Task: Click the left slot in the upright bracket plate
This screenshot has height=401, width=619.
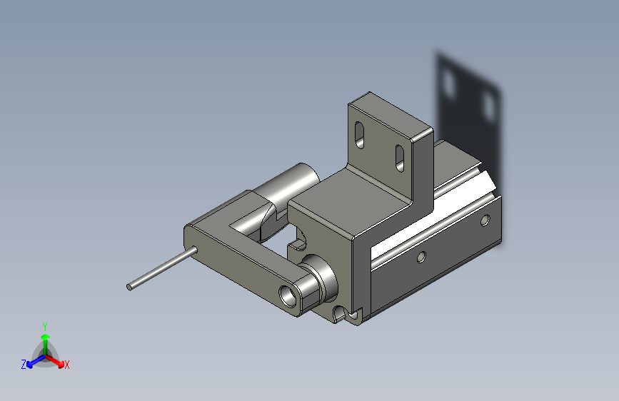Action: pos(360,135)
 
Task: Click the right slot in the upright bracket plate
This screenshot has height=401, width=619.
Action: pos(400,158)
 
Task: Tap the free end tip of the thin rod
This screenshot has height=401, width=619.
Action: pos(129,288)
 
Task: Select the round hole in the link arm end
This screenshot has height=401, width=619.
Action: pos(288,295)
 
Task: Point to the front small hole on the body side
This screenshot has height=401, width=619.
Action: pos(421,258)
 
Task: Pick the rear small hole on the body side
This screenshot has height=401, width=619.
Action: pos(485,220)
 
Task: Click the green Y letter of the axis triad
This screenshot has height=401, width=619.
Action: pos(45,326)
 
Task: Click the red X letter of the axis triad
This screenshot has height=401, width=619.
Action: pos(66,365)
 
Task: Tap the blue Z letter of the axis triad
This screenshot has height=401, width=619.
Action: pos(24,365)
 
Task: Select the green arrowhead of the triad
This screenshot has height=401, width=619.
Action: pos(46,337)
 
